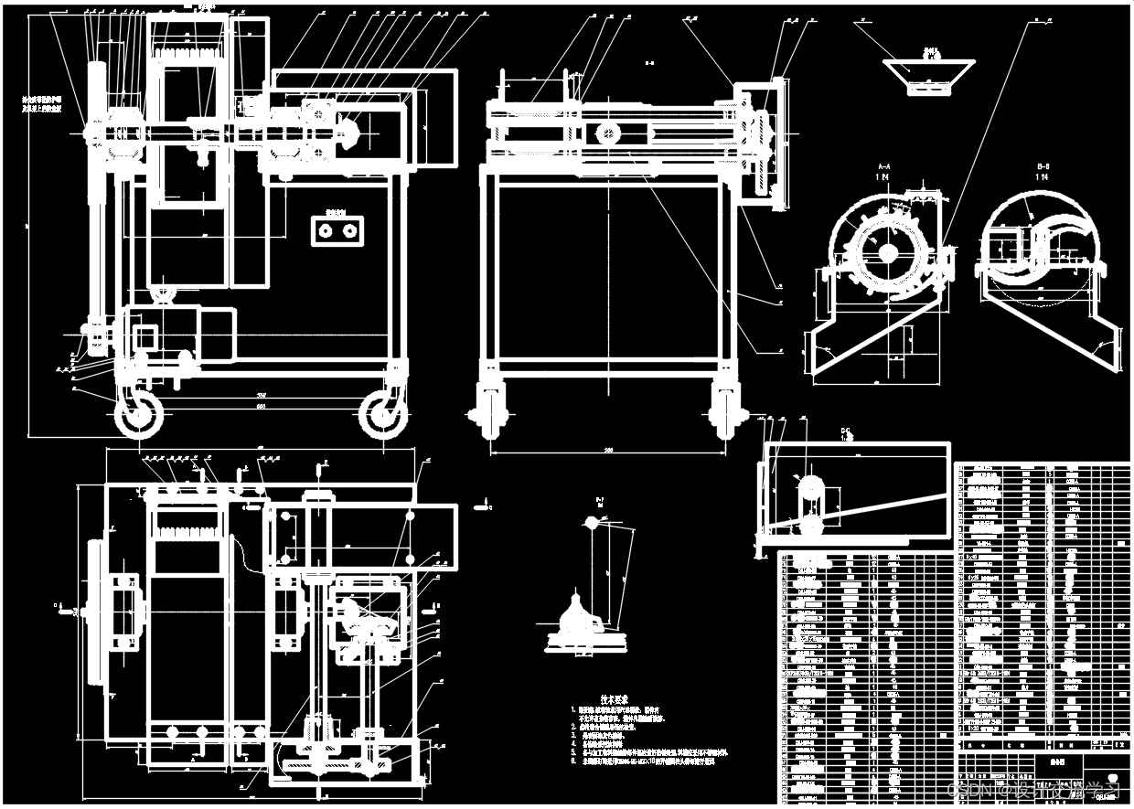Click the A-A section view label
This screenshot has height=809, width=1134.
click(884, 166)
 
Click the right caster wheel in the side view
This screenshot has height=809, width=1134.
click(382, 417)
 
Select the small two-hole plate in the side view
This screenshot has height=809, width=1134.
click(336, 231)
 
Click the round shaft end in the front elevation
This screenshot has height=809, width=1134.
click(608, 133)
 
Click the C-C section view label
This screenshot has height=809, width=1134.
click(847, 431)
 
